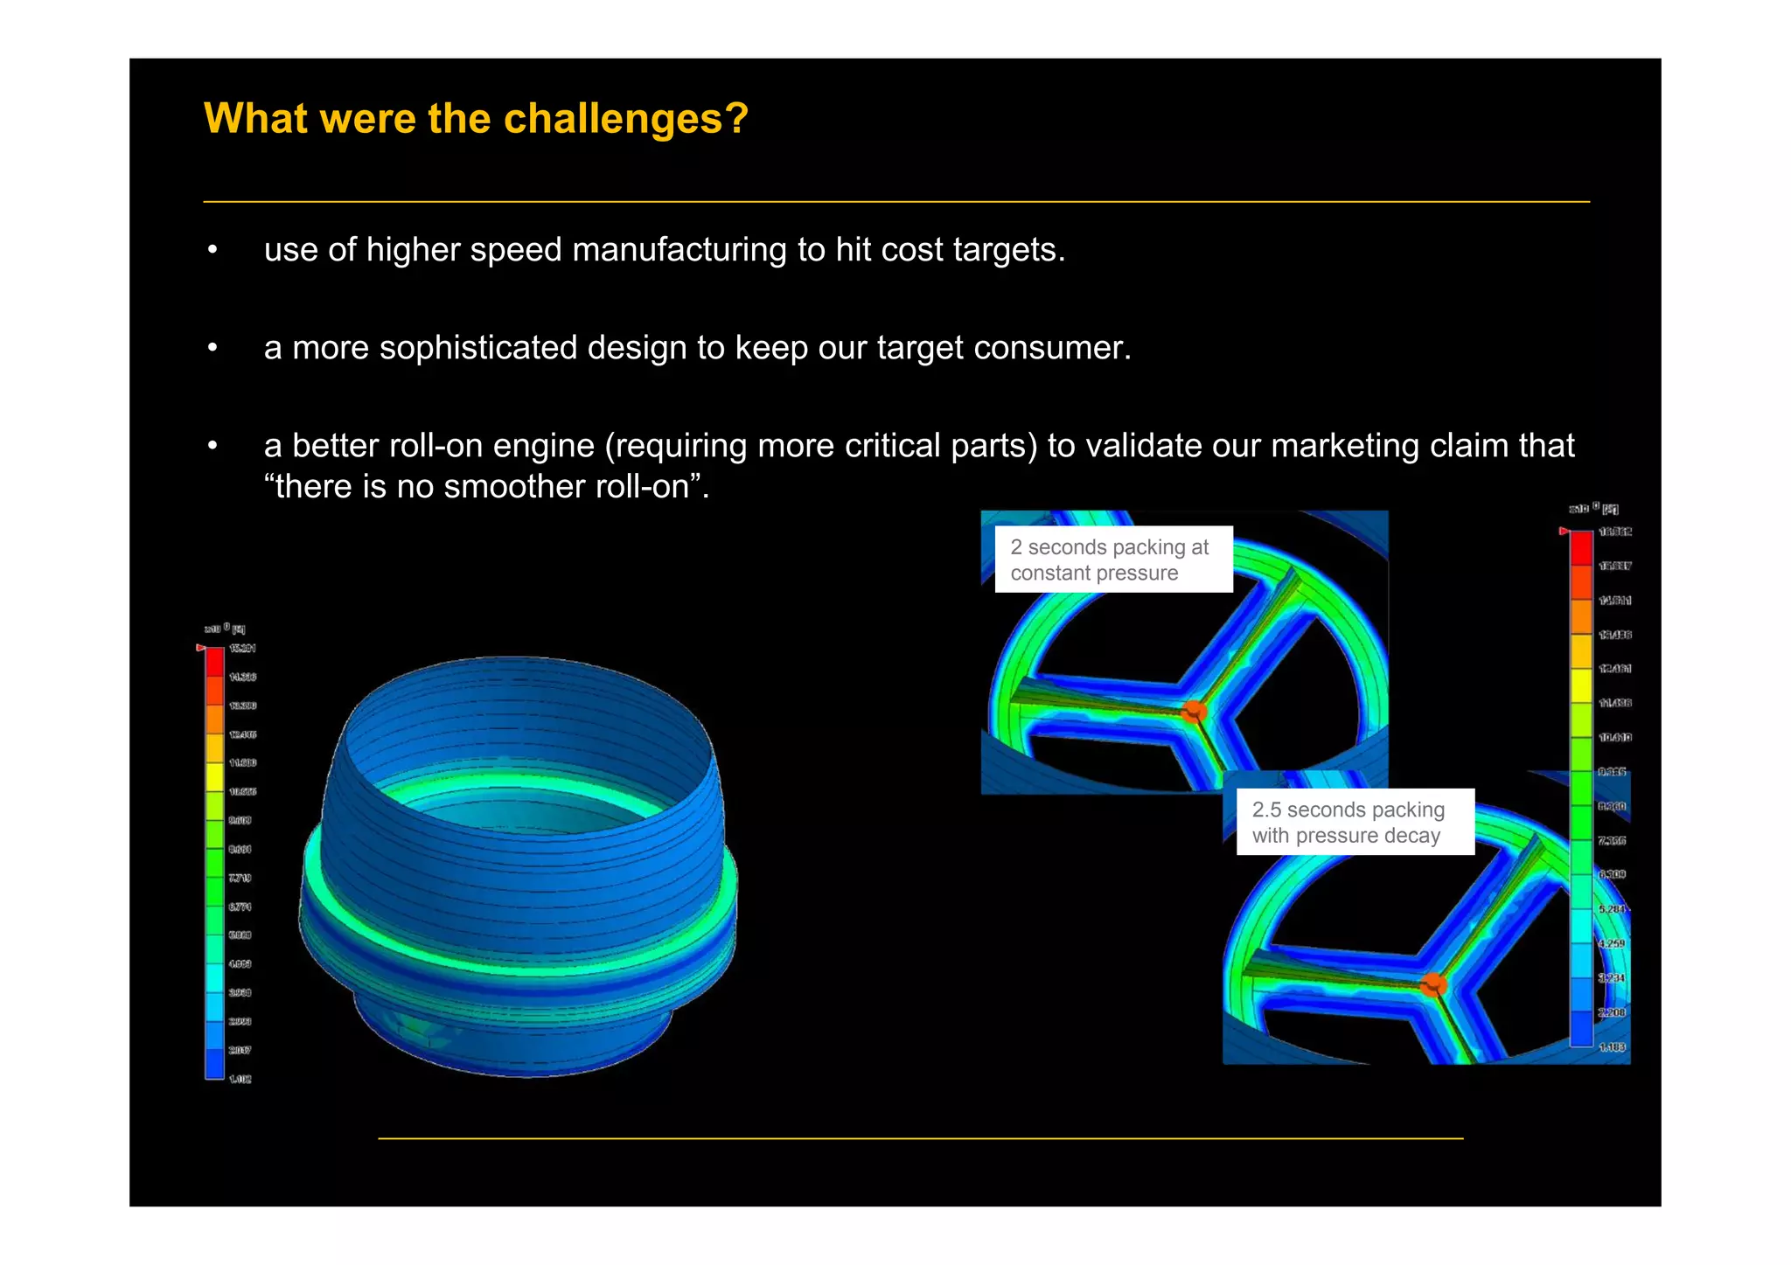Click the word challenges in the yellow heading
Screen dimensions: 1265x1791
614,119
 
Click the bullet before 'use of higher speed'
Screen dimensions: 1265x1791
213,250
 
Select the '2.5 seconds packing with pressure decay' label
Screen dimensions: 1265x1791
1354,822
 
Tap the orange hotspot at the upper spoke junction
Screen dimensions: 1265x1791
1194,711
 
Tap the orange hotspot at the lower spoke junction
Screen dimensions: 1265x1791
1433,985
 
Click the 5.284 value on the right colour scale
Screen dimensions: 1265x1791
1612,909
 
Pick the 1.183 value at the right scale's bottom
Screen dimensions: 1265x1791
1612,1046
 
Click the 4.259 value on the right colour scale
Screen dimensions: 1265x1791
1612,943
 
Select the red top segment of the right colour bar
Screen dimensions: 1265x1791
1581,548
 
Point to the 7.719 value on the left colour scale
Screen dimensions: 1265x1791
240,878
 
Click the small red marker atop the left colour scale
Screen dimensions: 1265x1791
200,648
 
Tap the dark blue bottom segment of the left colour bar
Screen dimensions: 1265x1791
215,1063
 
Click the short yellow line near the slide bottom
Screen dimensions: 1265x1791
920,1138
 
